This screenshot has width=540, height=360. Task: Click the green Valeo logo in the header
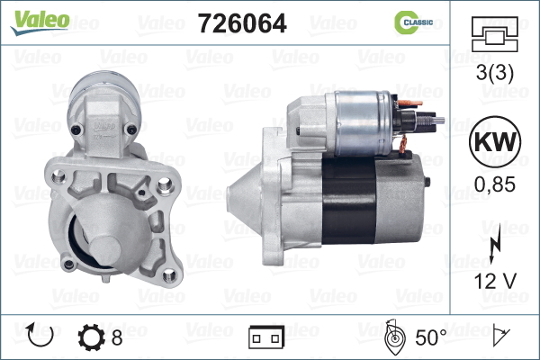click(x=40, y=22)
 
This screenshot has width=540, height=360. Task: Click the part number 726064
click(x=242, y=23)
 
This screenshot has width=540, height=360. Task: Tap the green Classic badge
click(x=414, y=22)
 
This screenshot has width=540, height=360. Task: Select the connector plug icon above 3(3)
click(x=494, y=34)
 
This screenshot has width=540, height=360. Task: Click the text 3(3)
click(x=494, y=72)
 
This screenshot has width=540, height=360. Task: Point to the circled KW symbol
click(x=495, y=142)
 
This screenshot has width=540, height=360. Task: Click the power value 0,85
click(x=495, y=184)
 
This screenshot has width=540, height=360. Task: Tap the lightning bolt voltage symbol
click(x=495, y=246)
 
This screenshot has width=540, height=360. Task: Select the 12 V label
click(x=495, y=282)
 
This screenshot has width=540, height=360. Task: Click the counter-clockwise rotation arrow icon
click(x=40, y=335)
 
